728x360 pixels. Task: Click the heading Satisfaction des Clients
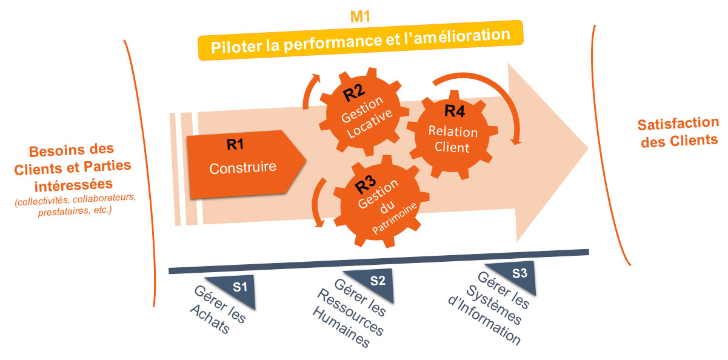click(x=677, y=132)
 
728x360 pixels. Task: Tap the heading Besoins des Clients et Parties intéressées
click(x=72, y=165)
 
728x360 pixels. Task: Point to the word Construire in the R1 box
click(x=242, y=168)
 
